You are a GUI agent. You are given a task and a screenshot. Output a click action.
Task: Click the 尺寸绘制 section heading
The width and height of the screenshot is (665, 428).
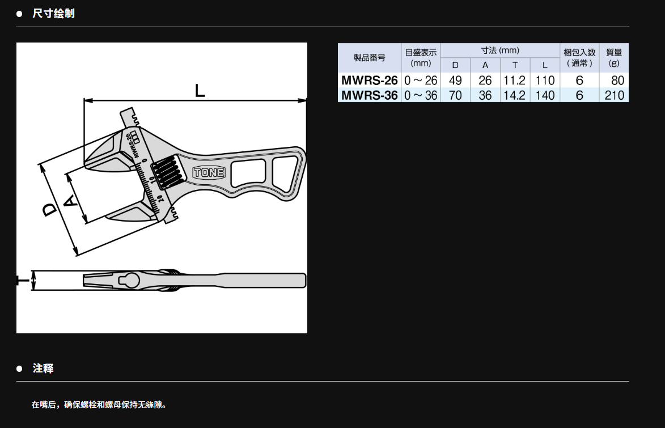53,14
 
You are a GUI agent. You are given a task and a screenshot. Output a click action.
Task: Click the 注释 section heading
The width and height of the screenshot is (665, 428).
43,368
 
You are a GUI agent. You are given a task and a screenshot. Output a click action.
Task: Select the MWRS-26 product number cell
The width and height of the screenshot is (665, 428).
370,80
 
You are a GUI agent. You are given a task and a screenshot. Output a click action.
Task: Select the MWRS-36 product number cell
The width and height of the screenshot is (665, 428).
370,95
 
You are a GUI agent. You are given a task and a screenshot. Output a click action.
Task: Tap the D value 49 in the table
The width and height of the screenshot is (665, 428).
455,80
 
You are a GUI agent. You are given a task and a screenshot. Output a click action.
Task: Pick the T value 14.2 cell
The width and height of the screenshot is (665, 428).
514,95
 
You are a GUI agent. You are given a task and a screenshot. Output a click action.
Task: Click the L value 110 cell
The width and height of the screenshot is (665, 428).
545,80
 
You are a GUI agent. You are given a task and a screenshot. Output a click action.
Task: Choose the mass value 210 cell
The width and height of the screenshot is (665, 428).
614,95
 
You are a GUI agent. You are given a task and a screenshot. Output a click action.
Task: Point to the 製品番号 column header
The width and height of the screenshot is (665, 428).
370,58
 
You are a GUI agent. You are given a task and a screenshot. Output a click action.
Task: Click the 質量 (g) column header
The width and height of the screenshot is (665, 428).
613,58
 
